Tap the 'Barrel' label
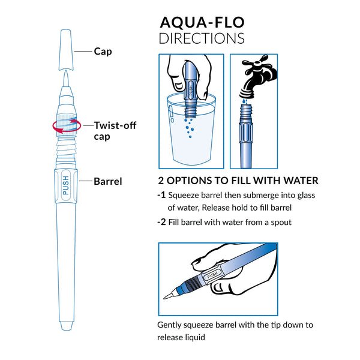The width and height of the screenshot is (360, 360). click(x=108, y=181)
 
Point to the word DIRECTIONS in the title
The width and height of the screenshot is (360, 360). click(x=201, y=38)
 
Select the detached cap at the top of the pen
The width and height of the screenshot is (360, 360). click(x=66, y=47)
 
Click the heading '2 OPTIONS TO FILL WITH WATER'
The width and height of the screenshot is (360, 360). click(x=238, y=181)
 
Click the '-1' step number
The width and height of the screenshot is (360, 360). click(x=161, y=196)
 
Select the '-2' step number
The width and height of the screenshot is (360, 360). click(x=161, y=222)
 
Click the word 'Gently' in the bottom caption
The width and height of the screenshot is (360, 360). click(x=171, y=325)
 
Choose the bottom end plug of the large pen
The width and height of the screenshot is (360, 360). click(x=66, y=326)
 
